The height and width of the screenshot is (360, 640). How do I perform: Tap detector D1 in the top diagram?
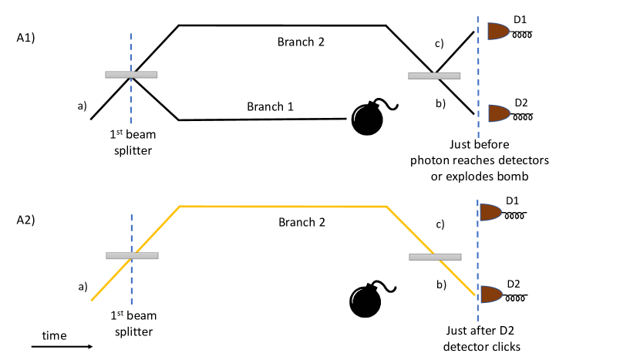[x=499, y=32]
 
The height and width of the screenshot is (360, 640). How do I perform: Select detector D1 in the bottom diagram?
[x=492, y=212]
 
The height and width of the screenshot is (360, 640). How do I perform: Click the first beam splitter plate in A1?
[x=131, y=75]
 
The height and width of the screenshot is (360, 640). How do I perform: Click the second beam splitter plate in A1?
[x=434, y=76]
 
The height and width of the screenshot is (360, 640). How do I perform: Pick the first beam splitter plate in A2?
[x=132, y=256]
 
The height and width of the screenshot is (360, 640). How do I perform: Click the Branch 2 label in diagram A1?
[x=301, y=42]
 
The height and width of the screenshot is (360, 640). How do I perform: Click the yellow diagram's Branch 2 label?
[x=301, y=222]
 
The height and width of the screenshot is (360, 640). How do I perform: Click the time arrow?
[x=62, y=347]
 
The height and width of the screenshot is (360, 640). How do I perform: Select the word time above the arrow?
[x=54, y=335]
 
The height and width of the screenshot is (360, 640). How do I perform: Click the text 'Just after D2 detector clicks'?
[x=482, y=339]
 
